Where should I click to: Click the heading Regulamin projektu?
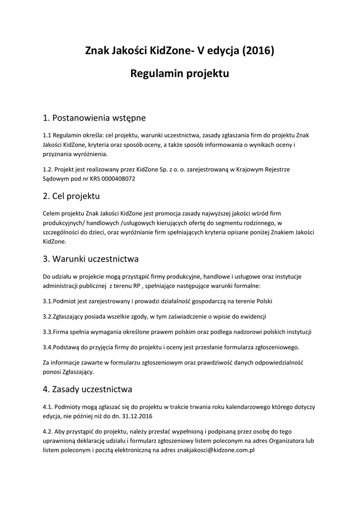(179, 74)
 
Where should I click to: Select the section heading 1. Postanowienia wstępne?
(94, 118)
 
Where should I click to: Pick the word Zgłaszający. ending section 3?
(75, 372)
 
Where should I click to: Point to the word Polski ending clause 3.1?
(263, 301)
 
